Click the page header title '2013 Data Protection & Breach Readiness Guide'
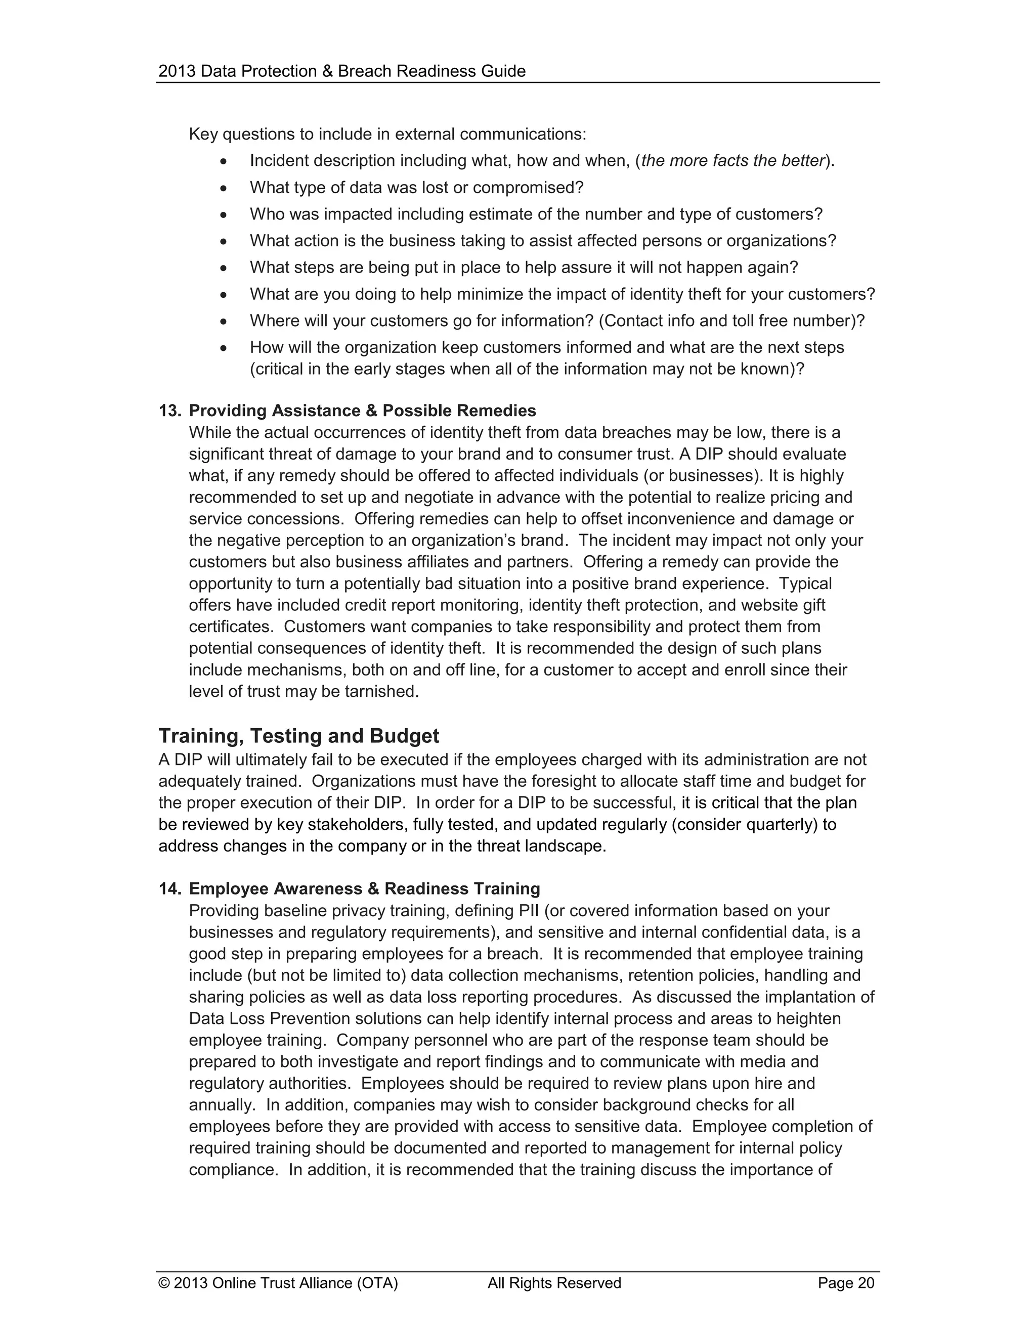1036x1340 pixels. (x=342, y=71)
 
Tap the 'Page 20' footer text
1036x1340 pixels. (x=846, y=1283)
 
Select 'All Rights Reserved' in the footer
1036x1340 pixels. (x=554, y=1283)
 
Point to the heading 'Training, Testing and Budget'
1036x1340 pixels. (x=299, y=736)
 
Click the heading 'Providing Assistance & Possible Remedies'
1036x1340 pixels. (x=362, y=411)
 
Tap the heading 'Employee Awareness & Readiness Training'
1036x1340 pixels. (x=365, y=889)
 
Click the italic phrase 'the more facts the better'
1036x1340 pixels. (x=732, y=161)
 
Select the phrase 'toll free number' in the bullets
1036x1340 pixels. (x=791, y=321)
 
